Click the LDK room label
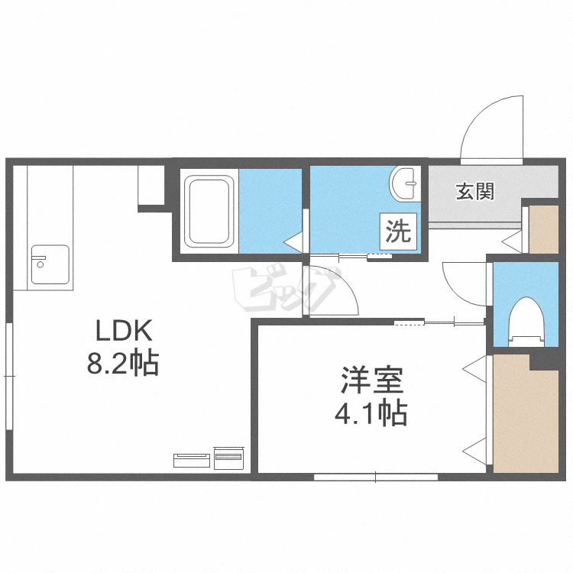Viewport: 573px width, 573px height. (125, 332)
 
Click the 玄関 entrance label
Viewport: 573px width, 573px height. (475, 190)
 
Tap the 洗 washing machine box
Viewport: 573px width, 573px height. (398, 231)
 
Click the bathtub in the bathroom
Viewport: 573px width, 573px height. (209, 212)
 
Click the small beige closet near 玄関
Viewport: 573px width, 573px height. (543, 228)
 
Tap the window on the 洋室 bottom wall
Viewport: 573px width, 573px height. (375, 477)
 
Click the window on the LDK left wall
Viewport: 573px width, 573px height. (9, 376)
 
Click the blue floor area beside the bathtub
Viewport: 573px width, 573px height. (269, 210)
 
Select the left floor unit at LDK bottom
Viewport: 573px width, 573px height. (192, 459)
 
